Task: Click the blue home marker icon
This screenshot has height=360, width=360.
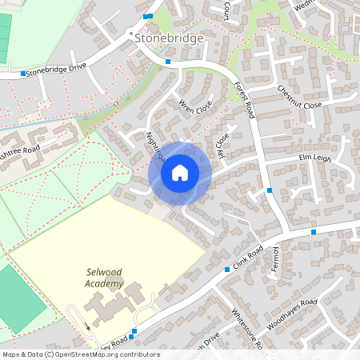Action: tap(180, 173)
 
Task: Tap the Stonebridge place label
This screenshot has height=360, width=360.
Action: tap(169, 38)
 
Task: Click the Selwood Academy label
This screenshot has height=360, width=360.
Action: tap(106, 278)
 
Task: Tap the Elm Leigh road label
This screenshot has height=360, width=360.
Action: tap(314, 158)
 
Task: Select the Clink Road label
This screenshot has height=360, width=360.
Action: tap(248, 259)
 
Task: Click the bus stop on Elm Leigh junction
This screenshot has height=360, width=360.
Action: tap(270, 190)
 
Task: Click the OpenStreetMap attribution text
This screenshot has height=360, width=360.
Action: tap(80, 354)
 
